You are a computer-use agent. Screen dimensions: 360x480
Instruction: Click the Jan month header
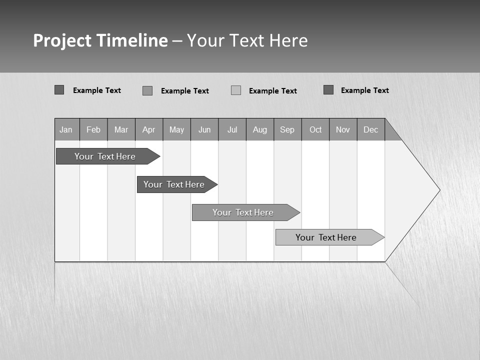(x=66, y=129)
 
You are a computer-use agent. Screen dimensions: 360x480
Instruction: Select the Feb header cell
(x=93, y=129)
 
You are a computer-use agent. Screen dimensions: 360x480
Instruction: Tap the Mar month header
(x=121, y=129)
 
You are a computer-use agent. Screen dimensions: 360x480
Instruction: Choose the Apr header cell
(x=149, y=129)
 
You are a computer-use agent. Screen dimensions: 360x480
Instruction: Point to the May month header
(x=176, y=129)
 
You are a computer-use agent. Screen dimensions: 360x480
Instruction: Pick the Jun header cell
(x=204, y=129)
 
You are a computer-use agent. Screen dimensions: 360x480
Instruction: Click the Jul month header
(x=232, y=129)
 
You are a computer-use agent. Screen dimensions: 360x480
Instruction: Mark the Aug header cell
(x=260, y=129)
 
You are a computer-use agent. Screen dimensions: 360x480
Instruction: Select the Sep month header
(x=287, y=129)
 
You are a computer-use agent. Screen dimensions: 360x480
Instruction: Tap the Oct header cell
(x=315, y=129)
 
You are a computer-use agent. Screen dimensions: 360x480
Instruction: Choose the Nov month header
(x=343, y=129)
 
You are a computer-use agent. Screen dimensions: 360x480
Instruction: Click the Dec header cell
(x=371, y=129)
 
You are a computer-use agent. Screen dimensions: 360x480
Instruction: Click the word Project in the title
(x=62, y=40)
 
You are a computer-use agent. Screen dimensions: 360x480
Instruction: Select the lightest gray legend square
(x=236, y=90)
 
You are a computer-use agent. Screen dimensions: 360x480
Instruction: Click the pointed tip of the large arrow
(x=438, y=190)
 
